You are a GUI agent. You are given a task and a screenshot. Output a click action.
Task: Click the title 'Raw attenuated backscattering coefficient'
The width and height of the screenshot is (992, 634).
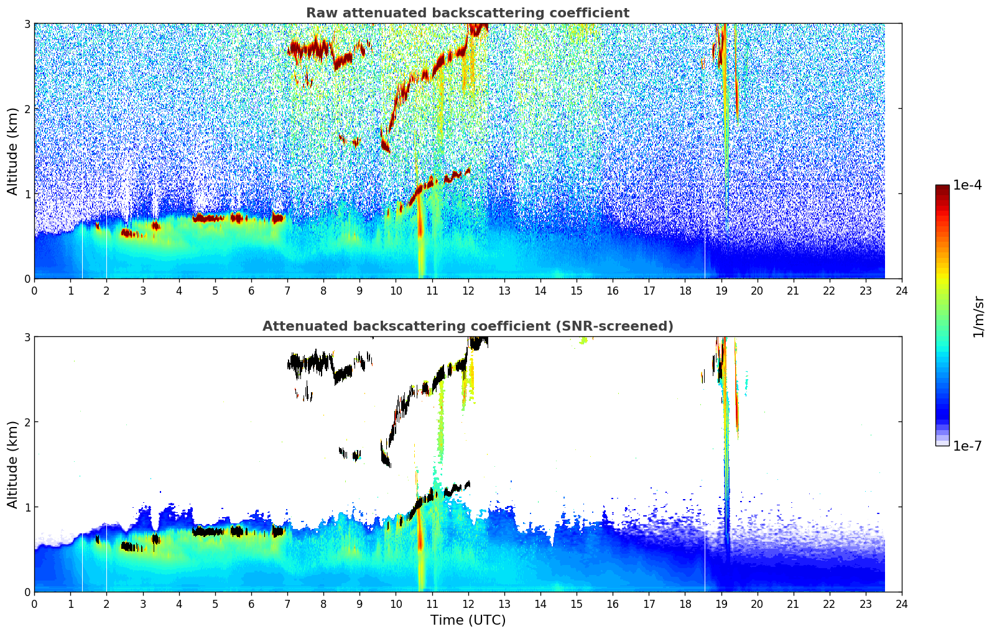467,13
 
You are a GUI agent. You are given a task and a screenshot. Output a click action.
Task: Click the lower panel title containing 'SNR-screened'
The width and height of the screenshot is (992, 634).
467,326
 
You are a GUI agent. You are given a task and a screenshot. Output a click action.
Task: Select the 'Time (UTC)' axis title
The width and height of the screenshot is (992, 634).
468,620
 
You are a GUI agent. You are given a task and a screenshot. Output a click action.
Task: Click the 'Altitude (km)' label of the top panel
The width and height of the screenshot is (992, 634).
12,151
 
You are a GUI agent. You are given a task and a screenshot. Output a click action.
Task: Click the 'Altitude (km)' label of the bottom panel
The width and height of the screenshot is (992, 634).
12,464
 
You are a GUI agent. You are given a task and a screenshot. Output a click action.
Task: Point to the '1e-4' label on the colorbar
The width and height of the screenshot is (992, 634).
967,185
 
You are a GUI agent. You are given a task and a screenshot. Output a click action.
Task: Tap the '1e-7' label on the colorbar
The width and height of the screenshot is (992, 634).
967,446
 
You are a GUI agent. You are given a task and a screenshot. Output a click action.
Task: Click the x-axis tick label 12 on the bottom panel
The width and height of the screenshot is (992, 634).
468,604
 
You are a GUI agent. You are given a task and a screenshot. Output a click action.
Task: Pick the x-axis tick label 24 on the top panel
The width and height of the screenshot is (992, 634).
902,291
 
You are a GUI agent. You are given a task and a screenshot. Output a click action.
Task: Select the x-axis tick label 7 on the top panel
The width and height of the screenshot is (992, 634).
287,291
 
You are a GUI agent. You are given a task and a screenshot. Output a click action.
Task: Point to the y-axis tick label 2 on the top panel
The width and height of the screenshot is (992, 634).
27,109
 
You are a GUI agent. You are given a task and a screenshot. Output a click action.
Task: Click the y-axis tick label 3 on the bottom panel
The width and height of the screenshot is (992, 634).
27,337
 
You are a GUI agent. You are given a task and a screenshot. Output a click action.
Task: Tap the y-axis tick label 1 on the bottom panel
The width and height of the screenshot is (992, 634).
27,507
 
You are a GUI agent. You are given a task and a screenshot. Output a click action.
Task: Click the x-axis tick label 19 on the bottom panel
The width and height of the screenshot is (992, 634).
721,604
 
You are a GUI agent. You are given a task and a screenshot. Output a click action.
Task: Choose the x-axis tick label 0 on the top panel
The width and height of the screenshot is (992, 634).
34,291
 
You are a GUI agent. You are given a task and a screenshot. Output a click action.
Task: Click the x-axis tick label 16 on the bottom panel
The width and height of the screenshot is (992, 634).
613,604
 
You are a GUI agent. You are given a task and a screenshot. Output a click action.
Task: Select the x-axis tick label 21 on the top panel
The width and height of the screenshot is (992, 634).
793,291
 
